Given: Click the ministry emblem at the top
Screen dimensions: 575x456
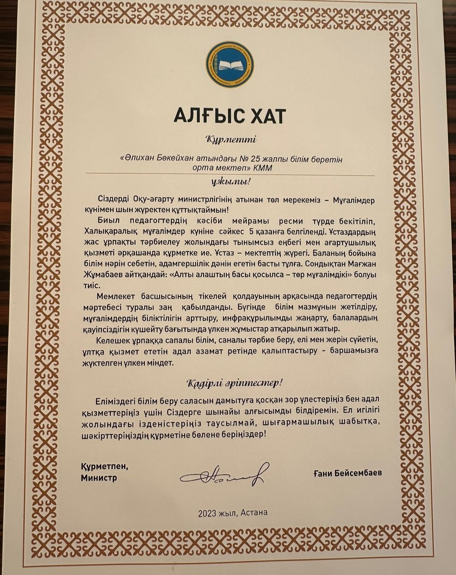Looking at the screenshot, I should [x=230, y=65].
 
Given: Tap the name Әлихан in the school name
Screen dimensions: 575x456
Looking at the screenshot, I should [x=139, y=159].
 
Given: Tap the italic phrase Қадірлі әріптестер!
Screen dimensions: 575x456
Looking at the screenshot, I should [x=233, y=383].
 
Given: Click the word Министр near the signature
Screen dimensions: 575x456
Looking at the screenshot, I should [x=99, y=478].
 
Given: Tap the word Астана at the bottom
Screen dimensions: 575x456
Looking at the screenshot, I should [x=255, y=513].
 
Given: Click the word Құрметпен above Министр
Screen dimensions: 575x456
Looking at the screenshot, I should [x=104, y=467].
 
